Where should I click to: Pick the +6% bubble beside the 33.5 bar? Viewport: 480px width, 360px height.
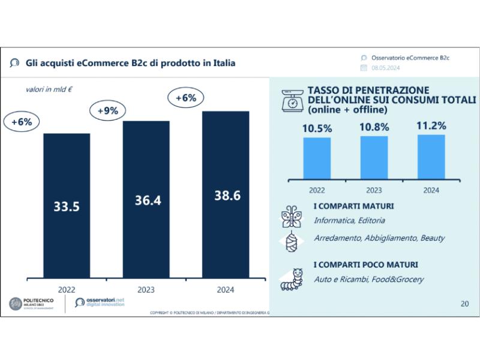click(22, 122)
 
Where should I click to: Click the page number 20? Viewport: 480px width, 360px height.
click(464, 303)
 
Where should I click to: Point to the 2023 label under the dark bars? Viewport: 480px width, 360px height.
click(146, 290)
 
